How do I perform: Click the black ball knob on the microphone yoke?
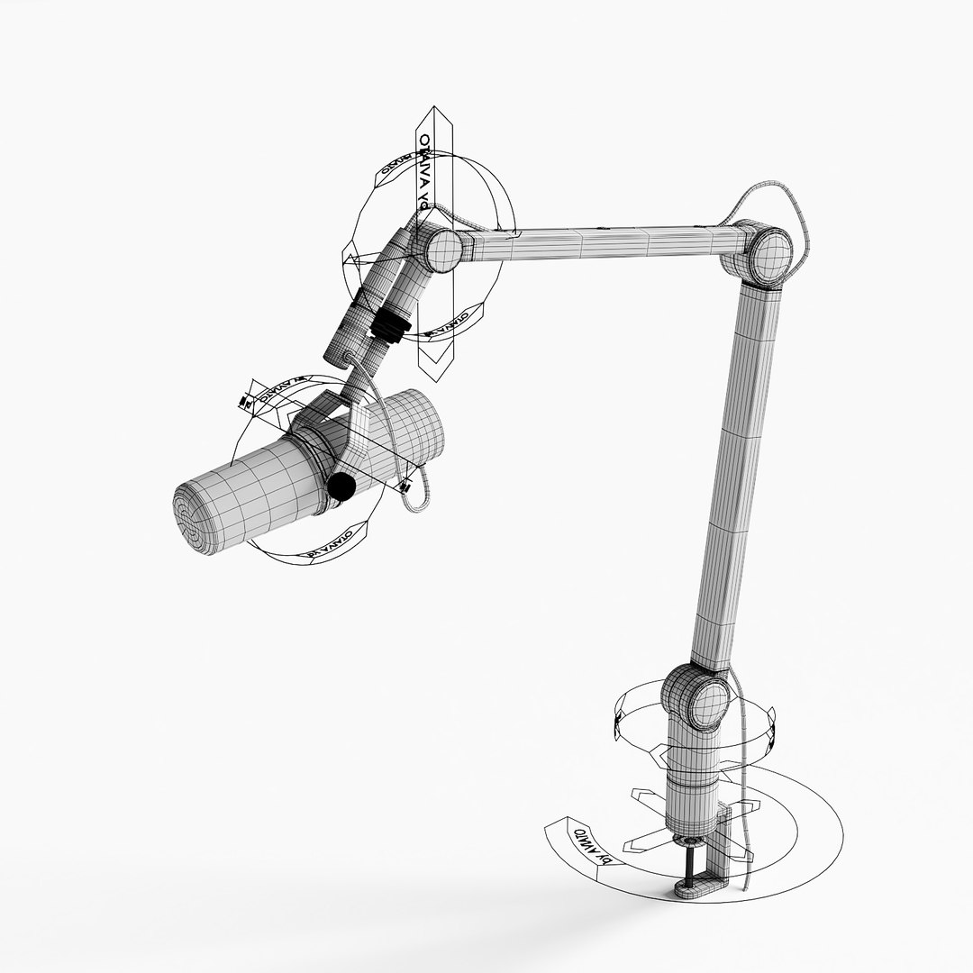coord(341,487)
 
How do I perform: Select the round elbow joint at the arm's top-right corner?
coord(768,254)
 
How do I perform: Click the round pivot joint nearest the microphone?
coord(441,249)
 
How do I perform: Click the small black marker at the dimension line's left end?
coord(243,401)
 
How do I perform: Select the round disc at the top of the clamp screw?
coord(692,841)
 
